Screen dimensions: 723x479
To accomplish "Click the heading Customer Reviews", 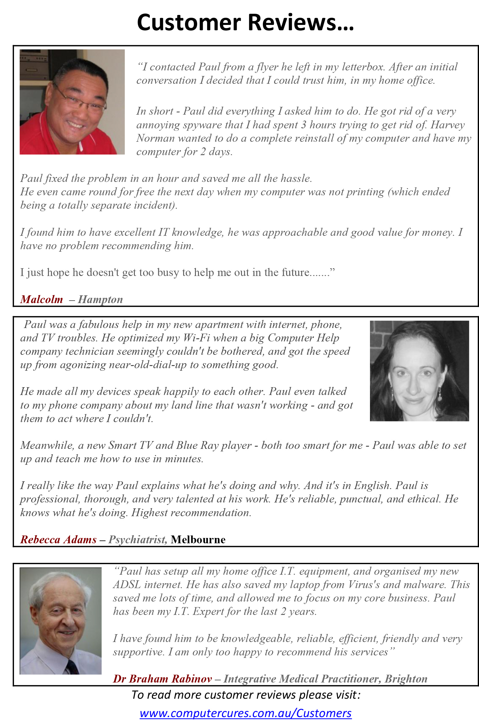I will pos(245,22).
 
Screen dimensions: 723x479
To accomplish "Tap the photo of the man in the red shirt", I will pos(72,102).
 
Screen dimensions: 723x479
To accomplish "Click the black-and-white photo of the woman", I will pos(419,371).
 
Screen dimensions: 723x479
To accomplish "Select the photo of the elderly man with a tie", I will pos(61,621).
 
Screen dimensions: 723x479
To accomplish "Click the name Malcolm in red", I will pos(42,299).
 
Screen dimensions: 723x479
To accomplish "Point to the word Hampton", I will pos(100,299).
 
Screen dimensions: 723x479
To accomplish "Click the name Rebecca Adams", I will pos(59,540).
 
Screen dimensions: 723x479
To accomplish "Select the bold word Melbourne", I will pos(198,540).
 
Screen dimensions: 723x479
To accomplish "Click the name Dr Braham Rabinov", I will pos(162,678).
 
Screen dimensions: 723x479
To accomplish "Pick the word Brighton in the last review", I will pos(406,678).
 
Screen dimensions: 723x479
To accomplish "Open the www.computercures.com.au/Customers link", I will pos(245,713).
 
